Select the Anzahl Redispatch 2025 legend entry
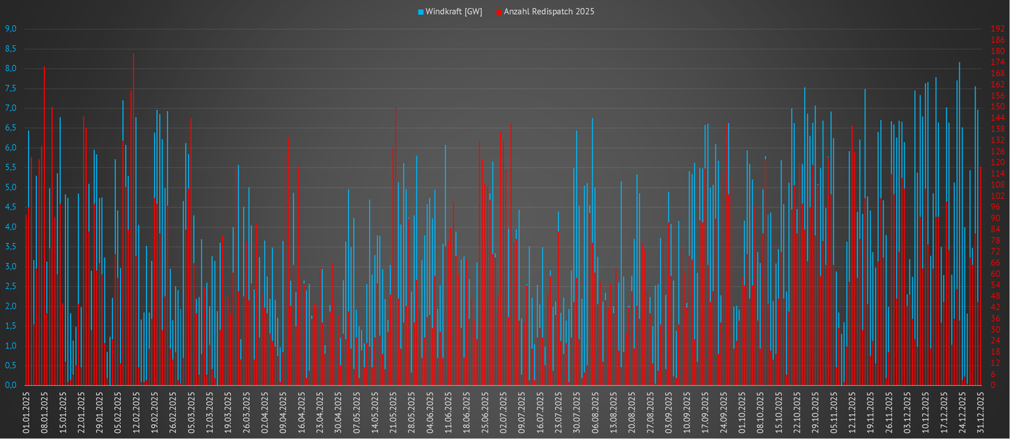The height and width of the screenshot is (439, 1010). pos(549,12)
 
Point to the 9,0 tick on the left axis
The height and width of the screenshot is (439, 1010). pos(11,28)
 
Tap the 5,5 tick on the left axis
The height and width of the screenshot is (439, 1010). pos(11,167)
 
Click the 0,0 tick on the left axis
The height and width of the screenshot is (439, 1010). pos(11,385)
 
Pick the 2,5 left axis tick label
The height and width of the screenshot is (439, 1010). pos(11,286)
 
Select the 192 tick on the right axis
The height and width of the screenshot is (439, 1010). pos(997,28)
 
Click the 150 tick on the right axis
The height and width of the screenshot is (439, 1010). pos(997,107)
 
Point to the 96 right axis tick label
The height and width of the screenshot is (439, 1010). pos(995,207)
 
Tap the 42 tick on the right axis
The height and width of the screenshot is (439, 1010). pos(995,307)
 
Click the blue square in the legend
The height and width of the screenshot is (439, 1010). pos(421,12)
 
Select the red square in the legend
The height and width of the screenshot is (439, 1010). pos(499,12)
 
